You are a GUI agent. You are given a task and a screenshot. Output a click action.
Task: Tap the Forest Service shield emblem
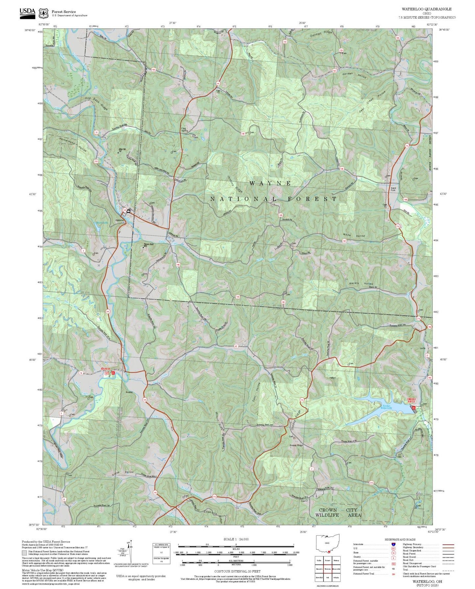(x=43, y=13)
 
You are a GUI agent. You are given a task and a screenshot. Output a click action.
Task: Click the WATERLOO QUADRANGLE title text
(x=426, y=9)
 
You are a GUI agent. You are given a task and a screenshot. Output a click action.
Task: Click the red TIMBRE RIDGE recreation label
(x=412, y=400)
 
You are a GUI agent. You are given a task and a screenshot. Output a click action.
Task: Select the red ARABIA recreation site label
(x=106, y=369)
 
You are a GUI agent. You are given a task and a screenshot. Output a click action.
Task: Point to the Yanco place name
(x=332, y=378)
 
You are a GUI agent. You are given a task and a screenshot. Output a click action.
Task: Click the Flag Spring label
(x=184, y=129)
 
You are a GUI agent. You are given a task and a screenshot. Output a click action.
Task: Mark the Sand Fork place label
(x=393, y=189)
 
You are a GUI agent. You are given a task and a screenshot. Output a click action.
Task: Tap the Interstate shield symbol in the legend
(x=393, y=544)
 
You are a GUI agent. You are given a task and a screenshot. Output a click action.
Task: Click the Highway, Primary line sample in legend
(x=448, y=544)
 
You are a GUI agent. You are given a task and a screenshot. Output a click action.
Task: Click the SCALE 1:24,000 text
(x=236, y=539)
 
